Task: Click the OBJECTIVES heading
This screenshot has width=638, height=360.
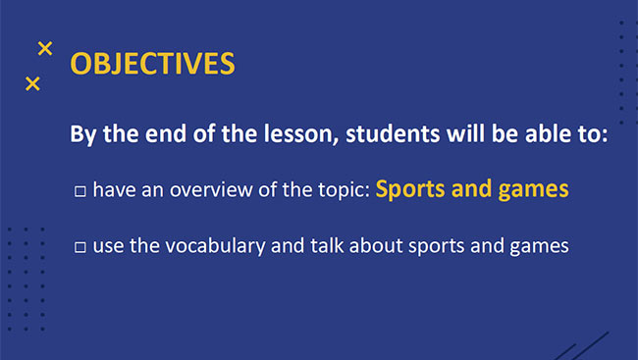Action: (x=152, y=64)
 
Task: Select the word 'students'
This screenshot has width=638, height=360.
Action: (x=390, y=134)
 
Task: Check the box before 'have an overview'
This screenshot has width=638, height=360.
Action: (x=80, y=191)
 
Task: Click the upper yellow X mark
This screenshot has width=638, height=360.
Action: (x=44, y=48)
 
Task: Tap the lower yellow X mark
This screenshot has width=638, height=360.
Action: (x=32, y=84)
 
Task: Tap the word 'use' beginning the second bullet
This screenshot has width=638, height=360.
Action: (x=107, y=246)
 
